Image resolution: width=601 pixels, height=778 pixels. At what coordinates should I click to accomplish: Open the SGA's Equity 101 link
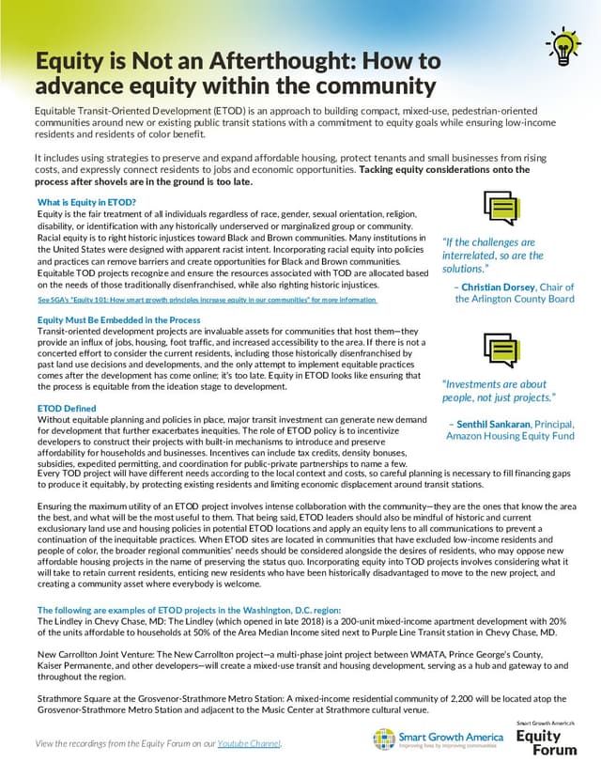point(207,300)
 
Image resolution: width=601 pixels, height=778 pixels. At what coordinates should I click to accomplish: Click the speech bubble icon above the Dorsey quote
point(501,208)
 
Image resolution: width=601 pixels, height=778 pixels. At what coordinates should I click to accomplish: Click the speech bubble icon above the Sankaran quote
point(501,351)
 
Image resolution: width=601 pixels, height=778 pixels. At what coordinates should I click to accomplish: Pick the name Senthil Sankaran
point(505,424)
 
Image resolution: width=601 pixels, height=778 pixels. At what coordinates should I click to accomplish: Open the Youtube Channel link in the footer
point(249,744)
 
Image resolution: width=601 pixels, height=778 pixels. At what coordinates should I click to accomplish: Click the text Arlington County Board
point(515,299)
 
